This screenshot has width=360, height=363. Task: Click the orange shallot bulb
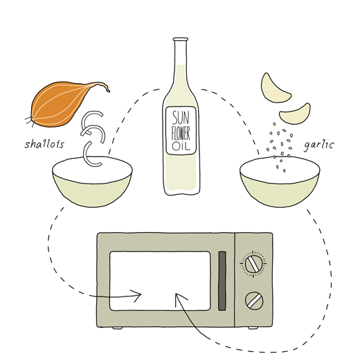(62, 104)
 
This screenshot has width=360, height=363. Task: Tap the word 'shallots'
(44, 144)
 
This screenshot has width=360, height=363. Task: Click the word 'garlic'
(319, 145)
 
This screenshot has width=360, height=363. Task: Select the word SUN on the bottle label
(181, 118)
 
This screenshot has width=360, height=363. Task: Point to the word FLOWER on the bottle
(181, 134)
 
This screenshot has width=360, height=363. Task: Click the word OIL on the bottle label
(181, 146)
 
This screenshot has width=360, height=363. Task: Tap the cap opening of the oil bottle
(181, 39)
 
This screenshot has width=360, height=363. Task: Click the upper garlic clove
(274, 89)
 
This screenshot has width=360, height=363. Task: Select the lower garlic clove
(296, 114)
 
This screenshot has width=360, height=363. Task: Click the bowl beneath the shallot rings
(92, 181)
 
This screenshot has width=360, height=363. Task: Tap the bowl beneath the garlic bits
(280, 181)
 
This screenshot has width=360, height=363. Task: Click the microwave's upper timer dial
(253, 264)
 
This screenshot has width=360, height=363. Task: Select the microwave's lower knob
(254, 300)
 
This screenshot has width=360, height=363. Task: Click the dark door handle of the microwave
(222, 281)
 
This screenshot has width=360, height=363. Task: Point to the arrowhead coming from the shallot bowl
(136, 296)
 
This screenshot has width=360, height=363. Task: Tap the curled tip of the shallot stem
(108, 90)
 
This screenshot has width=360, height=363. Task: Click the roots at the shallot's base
(28, 121)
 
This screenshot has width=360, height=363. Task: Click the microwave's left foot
(117, 328)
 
